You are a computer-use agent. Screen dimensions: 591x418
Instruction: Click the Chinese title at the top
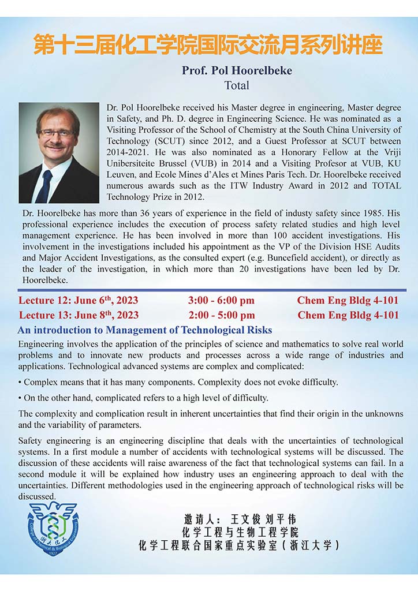[208, 45]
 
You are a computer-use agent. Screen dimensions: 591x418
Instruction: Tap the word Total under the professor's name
[237, 85]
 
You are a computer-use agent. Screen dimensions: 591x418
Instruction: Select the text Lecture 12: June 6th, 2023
[78, 301]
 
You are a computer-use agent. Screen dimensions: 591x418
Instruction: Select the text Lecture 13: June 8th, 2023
[79, 315]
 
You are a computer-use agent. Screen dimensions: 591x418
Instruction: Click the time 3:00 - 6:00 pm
[221, 301]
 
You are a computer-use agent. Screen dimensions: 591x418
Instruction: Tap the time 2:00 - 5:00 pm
[221, 315]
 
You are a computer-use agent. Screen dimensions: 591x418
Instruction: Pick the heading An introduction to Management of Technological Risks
[145, 330]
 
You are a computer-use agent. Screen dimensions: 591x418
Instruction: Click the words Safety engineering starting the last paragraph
[51, 442]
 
